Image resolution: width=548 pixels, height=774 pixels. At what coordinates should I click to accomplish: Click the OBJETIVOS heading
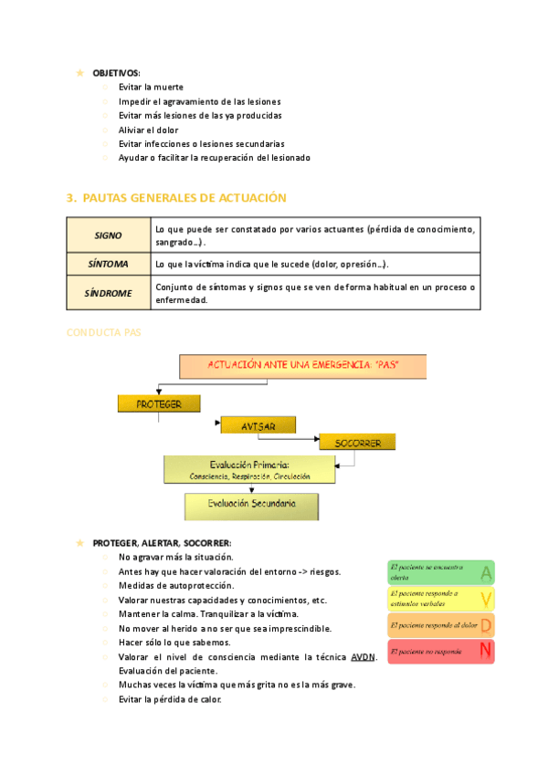point(116,72)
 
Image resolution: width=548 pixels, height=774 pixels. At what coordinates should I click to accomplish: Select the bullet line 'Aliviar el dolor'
point(148,130)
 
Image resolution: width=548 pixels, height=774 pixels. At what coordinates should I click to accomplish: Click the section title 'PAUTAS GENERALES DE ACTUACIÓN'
point(184,198)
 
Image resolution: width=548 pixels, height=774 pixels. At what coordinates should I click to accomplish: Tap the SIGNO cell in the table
point(108,235)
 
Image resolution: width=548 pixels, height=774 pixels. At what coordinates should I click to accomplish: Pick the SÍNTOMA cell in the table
point(108,265)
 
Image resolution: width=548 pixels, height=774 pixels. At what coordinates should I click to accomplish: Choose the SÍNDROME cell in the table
point(108,293)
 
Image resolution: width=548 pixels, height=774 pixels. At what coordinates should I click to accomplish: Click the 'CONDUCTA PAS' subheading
point(103,332)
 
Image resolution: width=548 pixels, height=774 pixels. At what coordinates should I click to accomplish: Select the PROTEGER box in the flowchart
point(158,403)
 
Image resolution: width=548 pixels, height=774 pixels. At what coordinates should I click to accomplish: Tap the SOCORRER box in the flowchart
point(357,443)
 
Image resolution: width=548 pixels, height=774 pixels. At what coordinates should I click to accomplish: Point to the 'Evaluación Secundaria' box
point(251,504)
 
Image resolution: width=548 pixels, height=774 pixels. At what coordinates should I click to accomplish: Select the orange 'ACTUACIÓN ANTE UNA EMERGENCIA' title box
point(304,366)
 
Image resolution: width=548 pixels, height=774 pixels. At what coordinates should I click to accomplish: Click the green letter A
point(486,573)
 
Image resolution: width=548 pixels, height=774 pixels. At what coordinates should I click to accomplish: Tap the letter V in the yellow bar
point(486,599)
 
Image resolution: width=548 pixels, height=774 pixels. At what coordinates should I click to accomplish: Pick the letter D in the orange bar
point(486,625)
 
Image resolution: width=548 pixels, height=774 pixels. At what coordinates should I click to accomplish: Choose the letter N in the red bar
point(486,651)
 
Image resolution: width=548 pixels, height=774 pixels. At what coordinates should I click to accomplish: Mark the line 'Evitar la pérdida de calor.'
point(170,699)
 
